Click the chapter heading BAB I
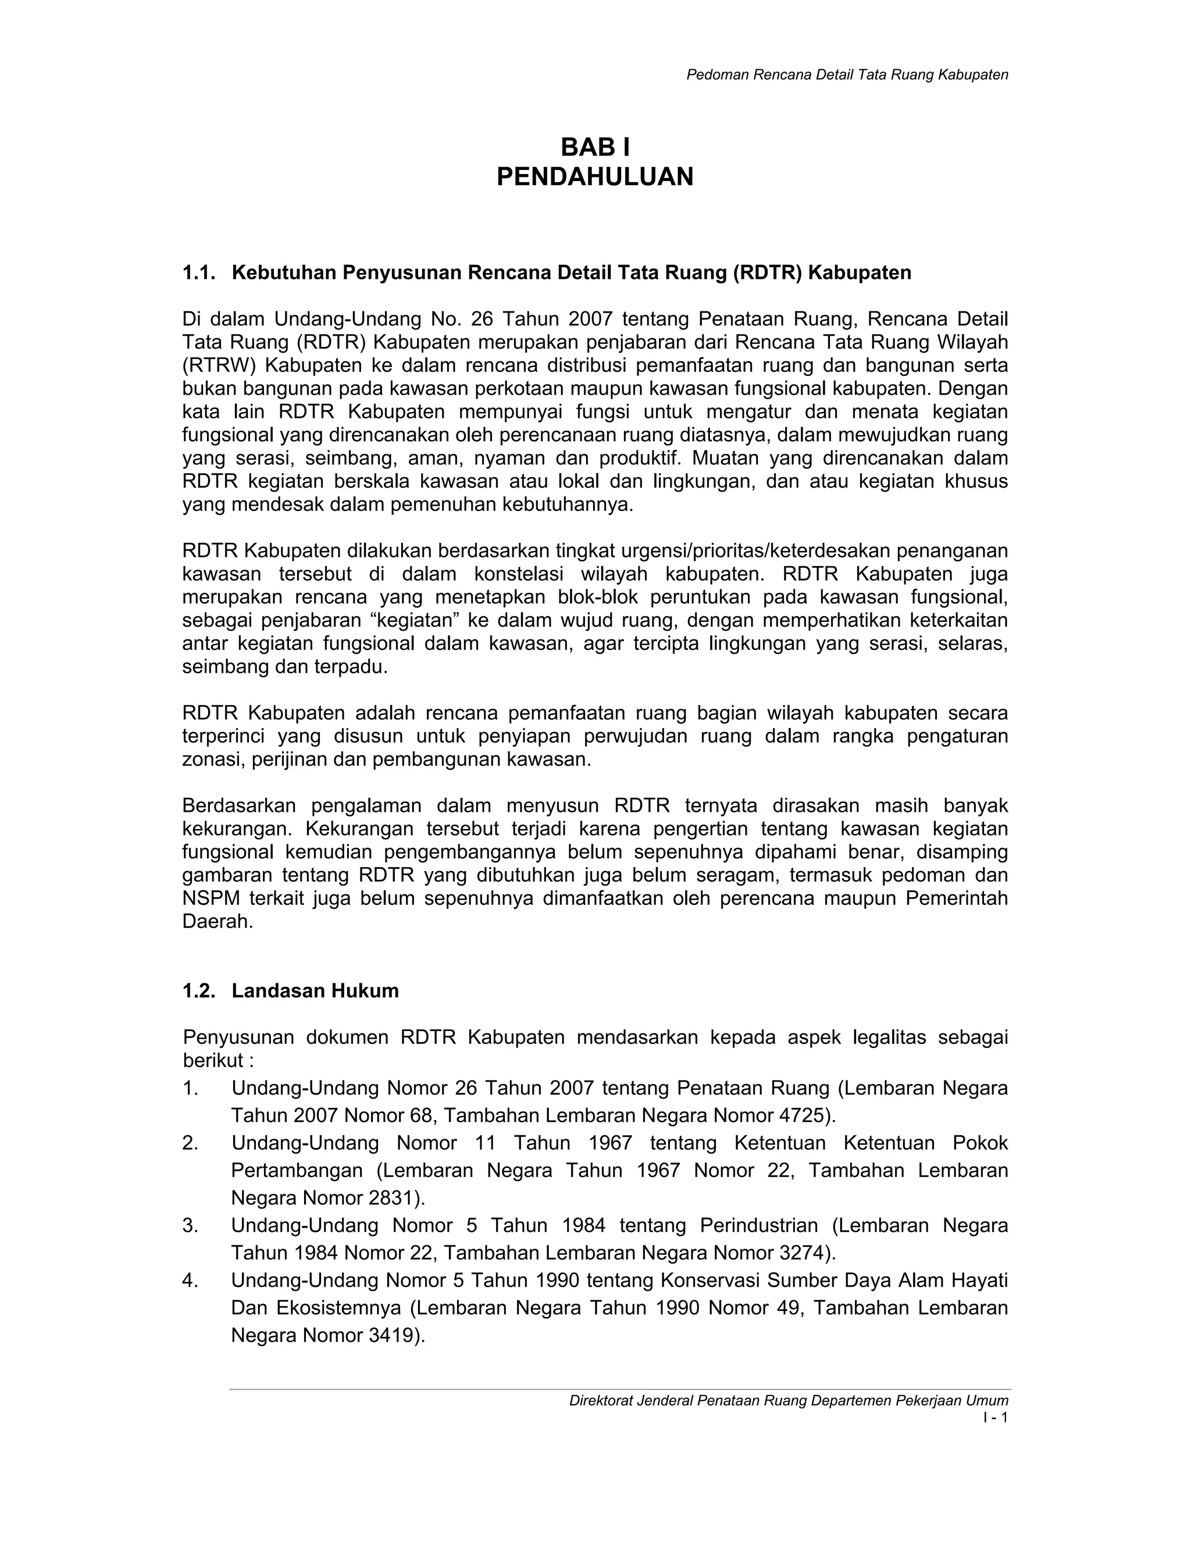click(x=595, y=148)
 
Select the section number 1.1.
click(x=198, y=272)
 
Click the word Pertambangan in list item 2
click(x=297, y=1171)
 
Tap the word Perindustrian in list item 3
click(x=758, y=1225)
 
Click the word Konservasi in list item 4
click(x=709, y=1280)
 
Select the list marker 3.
click(x=190, y=1225)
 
